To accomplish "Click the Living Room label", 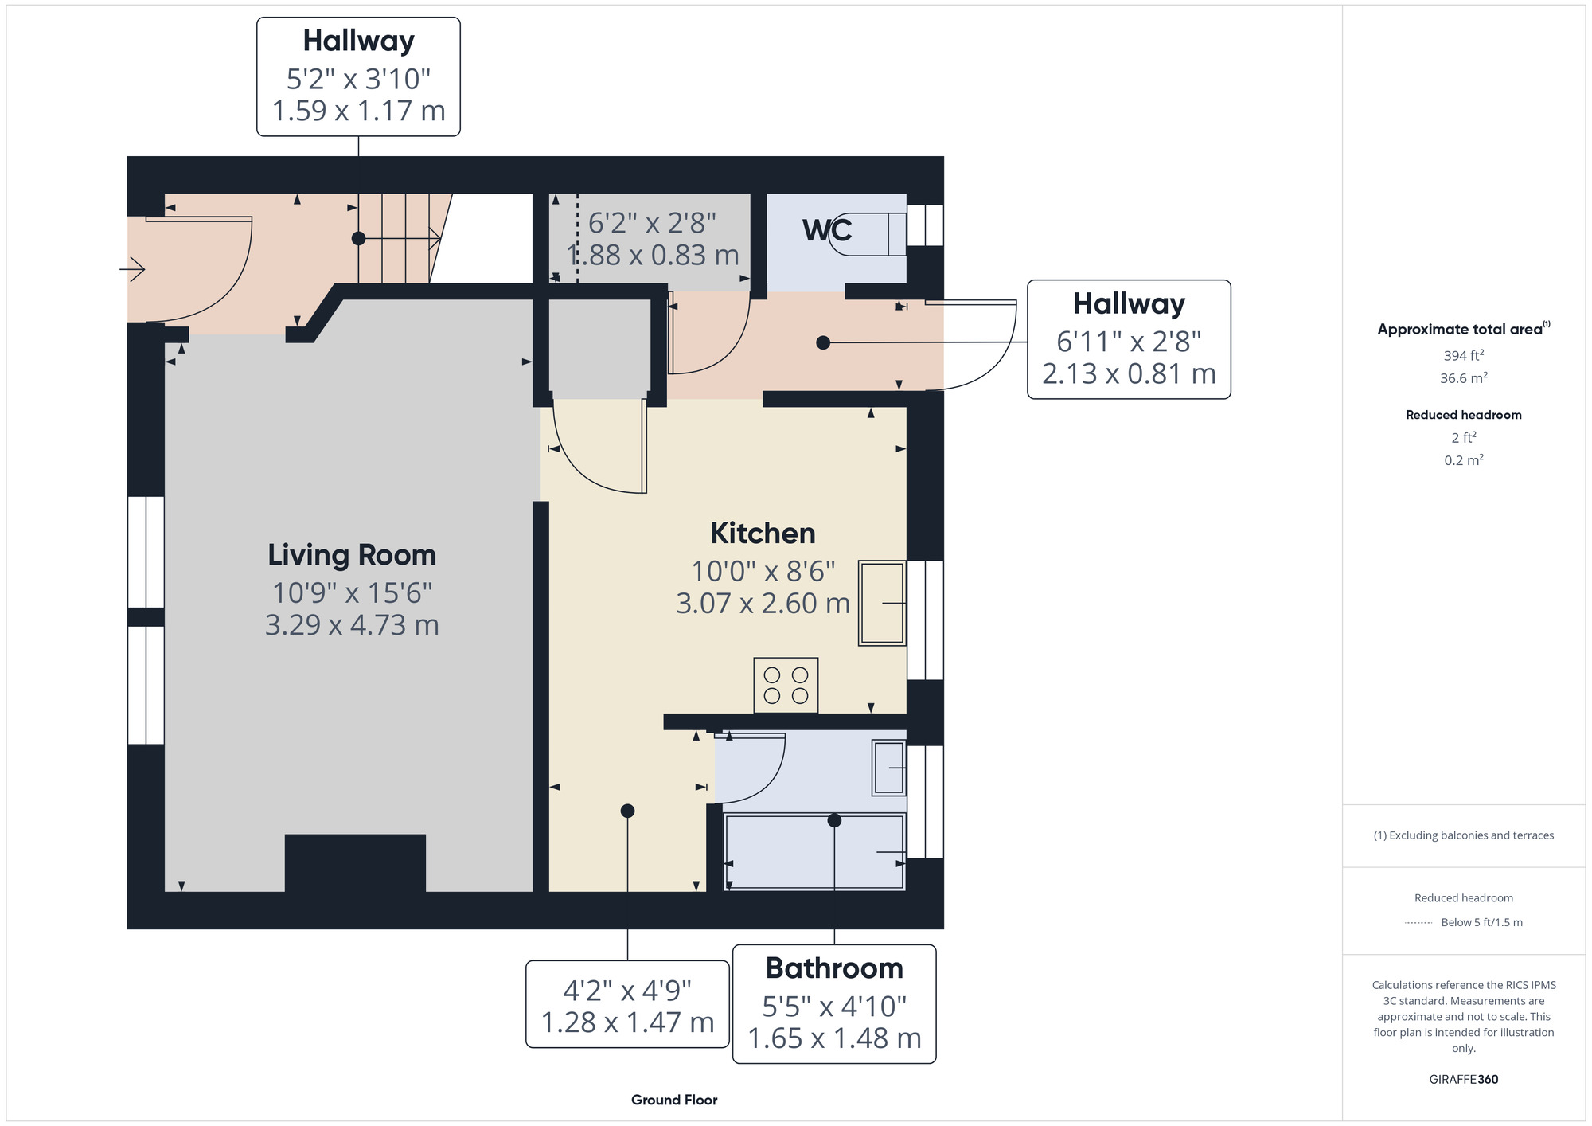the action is pos(352,555).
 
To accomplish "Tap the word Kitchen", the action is pos(763,534).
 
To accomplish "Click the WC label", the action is pos(827,230).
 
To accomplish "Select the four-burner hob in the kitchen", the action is pos(786,685).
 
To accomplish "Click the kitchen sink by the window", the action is pos(882,603).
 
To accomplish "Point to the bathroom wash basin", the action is pos(889,768).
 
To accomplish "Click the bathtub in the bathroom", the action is pos(814,851).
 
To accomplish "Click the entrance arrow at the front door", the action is pos(132,269).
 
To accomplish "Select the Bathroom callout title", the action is pos(834,968).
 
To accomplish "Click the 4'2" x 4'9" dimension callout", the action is pos(627,1006).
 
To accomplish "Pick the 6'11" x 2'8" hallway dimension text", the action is pos(1129,342).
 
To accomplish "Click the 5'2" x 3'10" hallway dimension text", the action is pos(358,79).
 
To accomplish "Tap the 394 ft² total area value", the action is pos(1463,355).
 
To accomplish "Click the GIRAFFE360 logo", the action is pos(1463,1080).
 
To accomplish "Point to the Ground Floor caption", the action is pos(674,1100).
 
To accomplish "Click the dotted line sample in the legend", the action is pos(1418,923).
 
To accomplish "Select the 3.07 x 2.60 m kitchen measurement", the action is pos(763,604).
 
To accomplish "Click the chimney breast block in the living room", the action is pos(355,863).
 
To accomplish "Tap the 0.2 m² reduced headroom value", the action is pos(1463,460).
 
